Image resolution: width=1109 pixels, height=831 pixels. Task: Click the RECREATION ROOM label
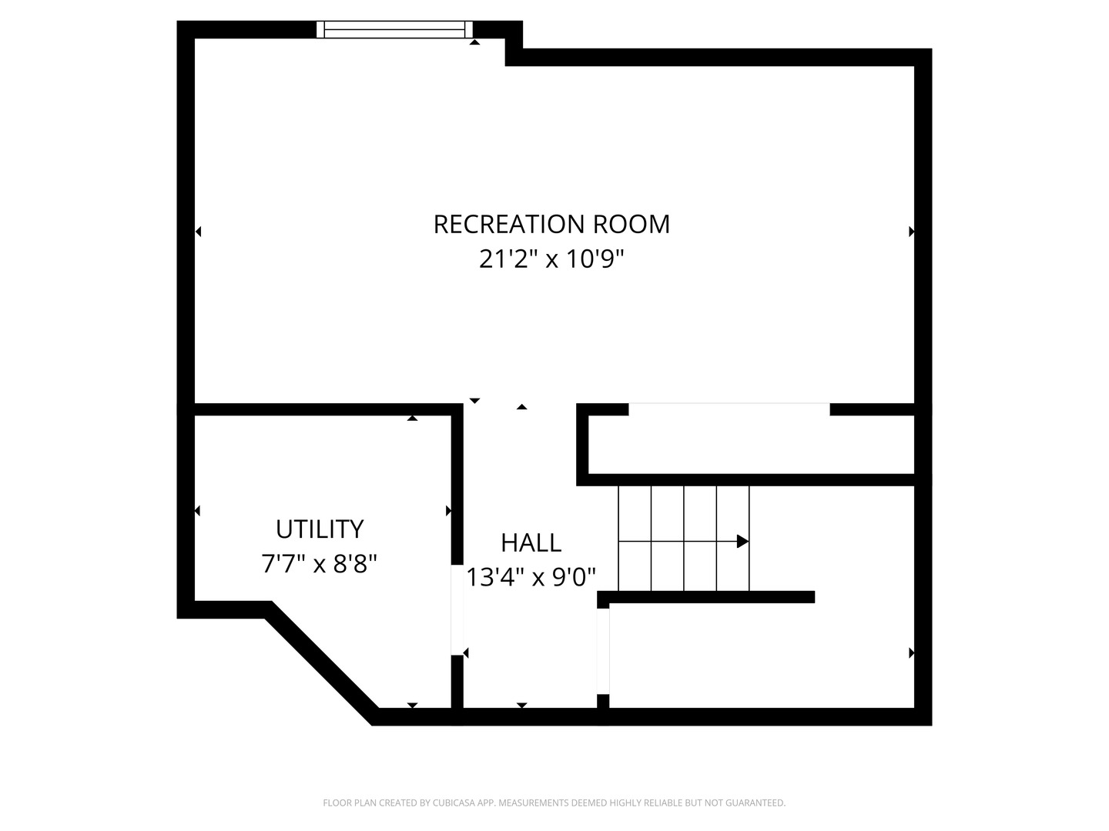551,224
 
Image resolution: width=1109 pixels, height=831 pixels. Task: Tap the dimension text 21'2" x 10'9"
551,259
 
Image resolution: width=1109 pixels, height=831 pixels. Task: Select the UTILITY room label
320,529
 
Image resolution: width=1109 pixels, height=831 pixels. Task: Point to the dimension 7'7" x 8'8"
320,565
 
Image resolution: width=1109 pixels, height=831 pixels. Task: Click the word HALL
531,542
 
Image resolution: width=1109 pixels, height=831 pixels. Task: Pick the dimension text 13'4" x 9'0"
531,577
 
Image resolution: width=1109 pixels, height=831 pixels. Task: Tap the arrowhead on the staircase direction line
742,542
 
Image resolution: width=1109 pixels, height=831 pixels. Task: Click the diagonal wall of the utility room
322,662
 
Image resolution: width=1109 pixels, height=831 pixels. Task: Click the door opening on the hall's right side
603,650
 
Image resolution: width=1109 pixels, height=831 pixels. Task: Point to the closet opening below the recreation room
729,408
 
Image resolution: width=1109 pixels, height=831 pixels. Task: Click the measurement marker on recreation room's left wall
198,231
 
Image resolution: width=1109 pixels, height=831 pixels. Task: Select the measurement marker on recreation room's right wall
911,231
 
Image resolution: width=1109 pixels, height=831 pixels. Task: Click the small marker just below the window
475,42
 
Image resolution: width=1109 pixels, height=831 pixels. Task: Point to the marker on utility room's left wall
198,511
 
